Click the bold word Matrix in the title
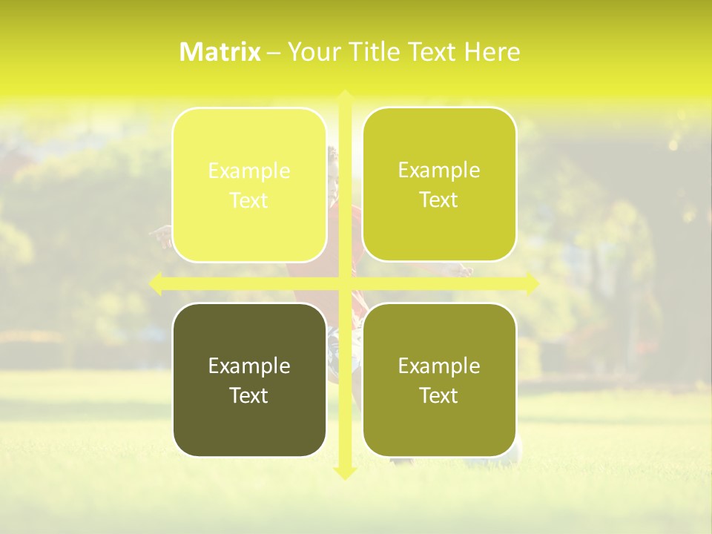pyautogui.click(x=220, y=52)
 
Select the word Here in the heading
pyautogui.click(x=492, y=52)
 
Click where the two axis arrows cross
pyautogui.click(x=344, y=283)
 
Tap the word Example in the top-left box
pyautogui.click(x=249, y=171)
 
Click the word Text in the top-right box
pyautogui.click(x=439, y=200)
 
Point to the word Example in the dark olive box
pyautogui.click(x=249, y=366)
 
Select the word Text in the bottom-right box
pyautogui.click(x=439, y=395)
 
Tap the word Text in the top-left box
pyautogui.click(x=249, y=201)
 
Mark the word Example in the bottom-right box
pyautogui.click(x=439, y=366)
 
